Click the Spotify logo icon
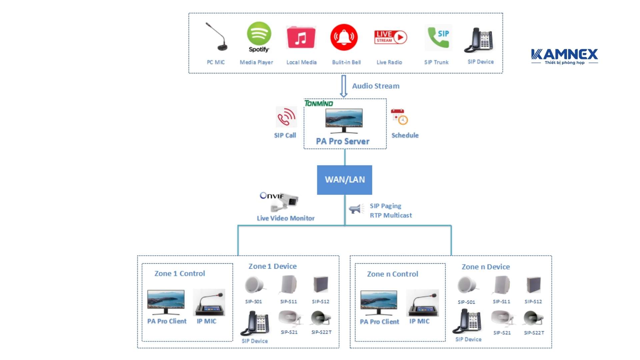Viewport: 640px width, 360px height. (259, 34)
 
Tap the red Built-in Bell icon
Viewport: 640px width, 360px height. (344, 37)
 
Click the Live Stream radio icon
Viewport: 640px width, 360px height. (391, 37)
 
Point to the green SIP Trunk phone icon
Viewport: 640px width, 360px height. (438, 37)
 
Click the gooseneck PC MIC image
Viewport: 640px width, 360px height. (217, 37)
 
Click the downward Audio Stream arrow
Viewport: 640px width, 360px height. (344, 86)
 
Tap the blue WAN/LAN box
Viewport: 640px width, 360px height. (345, 180)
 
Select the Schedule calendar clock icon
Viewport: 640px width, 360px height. (399, 117)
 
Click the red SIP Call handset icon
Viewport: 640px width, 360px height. (286, 117)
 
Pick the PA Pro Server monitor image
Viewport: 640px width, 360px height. (344, 120)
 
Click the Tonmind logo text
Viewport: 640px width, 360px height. (319, 103)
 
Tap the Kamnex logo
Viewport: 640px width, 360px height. (564, 56)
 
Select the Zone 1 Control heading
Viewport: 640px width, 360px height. (180, 274)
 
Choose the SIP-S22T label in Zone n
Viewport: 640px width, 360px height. (534, 333)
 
